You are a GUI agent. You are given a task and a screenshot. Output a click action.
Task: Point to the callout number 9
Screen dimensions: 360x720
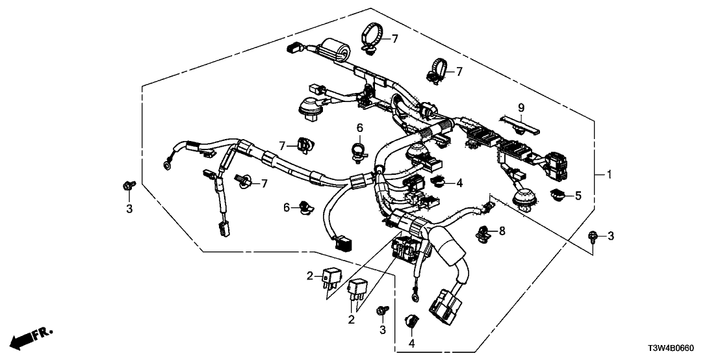[521, 107]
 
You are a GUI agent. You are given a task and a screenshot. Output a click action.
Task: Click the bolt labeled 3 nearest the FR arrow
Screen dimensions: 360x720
[128, 186]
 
